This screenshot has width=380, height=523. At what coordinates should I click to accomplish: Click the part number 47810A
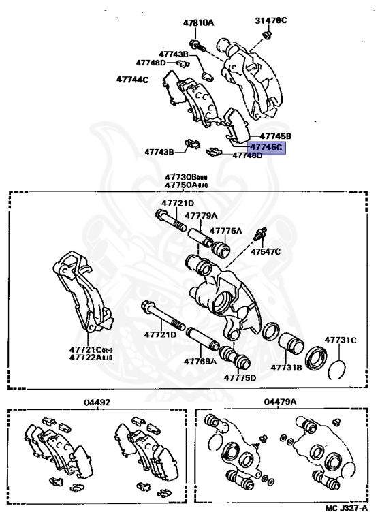197,22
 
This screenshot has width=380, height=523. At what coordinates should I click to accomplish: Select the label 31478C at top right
271,20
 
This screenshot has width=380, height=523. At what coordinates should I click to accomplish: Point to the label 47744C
132,79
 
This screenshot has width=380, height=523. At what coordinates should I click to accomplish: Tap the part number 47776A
225,231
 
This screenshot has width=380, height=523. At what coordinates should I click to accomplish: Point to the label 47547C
265,252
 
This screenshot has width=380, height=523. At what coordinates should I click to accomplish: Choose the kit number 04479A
281,402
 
